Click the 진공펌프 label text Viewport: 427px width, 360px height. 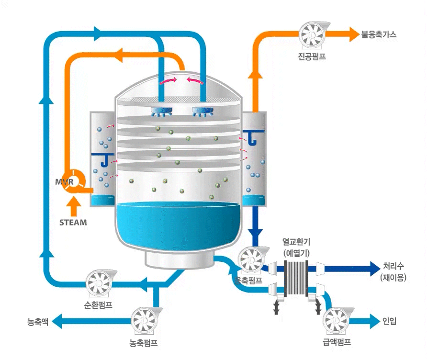click(x=312, y=57)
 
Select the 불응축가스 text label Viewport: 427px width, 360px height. click(x=379, y=35)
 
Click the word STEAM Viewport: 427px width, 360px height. click(x=73, y=222)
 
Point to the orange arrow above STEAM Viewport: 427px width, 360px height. click(x=73, y=206)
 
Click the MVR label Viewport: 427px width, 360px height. click(x=64, y=182)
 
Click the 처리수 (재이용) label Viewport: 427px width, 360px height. click(x=393, y=271)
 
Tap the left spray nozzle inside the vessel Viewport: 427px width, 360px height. click(x=162, y=112)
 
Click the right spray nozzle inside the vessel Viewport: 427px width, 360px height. click(x=202, y=112)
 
